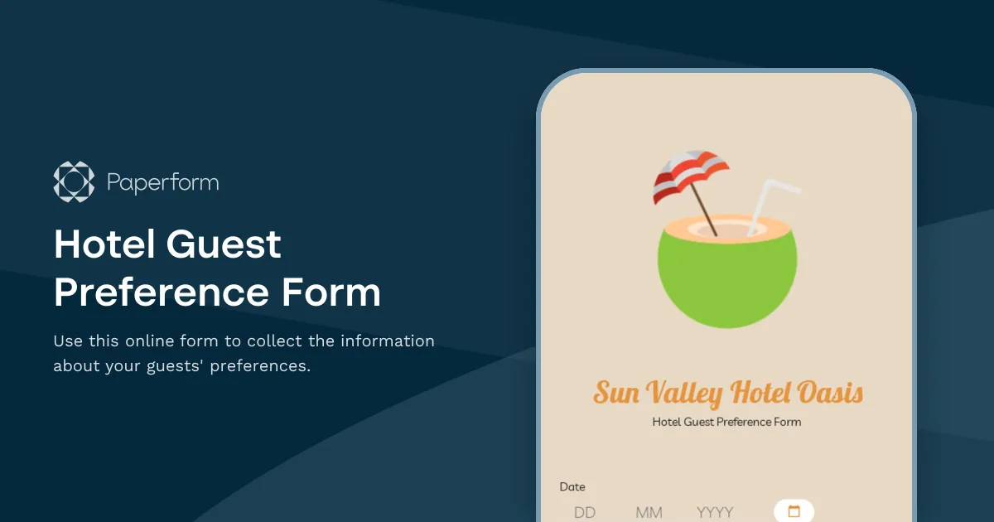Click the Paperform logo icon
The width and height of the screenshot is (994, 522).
[75, 181]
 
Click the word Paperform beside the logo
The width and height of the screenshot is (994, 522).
[163, 182]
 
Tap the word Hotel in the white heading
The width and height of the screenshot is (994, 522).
[104, 245]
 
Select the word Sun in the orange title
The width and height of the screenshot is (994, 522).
[616, 393]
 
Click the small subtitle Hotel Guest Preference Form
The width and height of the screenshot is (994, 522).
[726, 422]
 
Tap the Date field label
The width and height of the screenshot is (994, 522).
[572, 487]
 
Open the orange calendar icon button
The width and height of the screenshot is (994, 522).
[794, 511]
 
